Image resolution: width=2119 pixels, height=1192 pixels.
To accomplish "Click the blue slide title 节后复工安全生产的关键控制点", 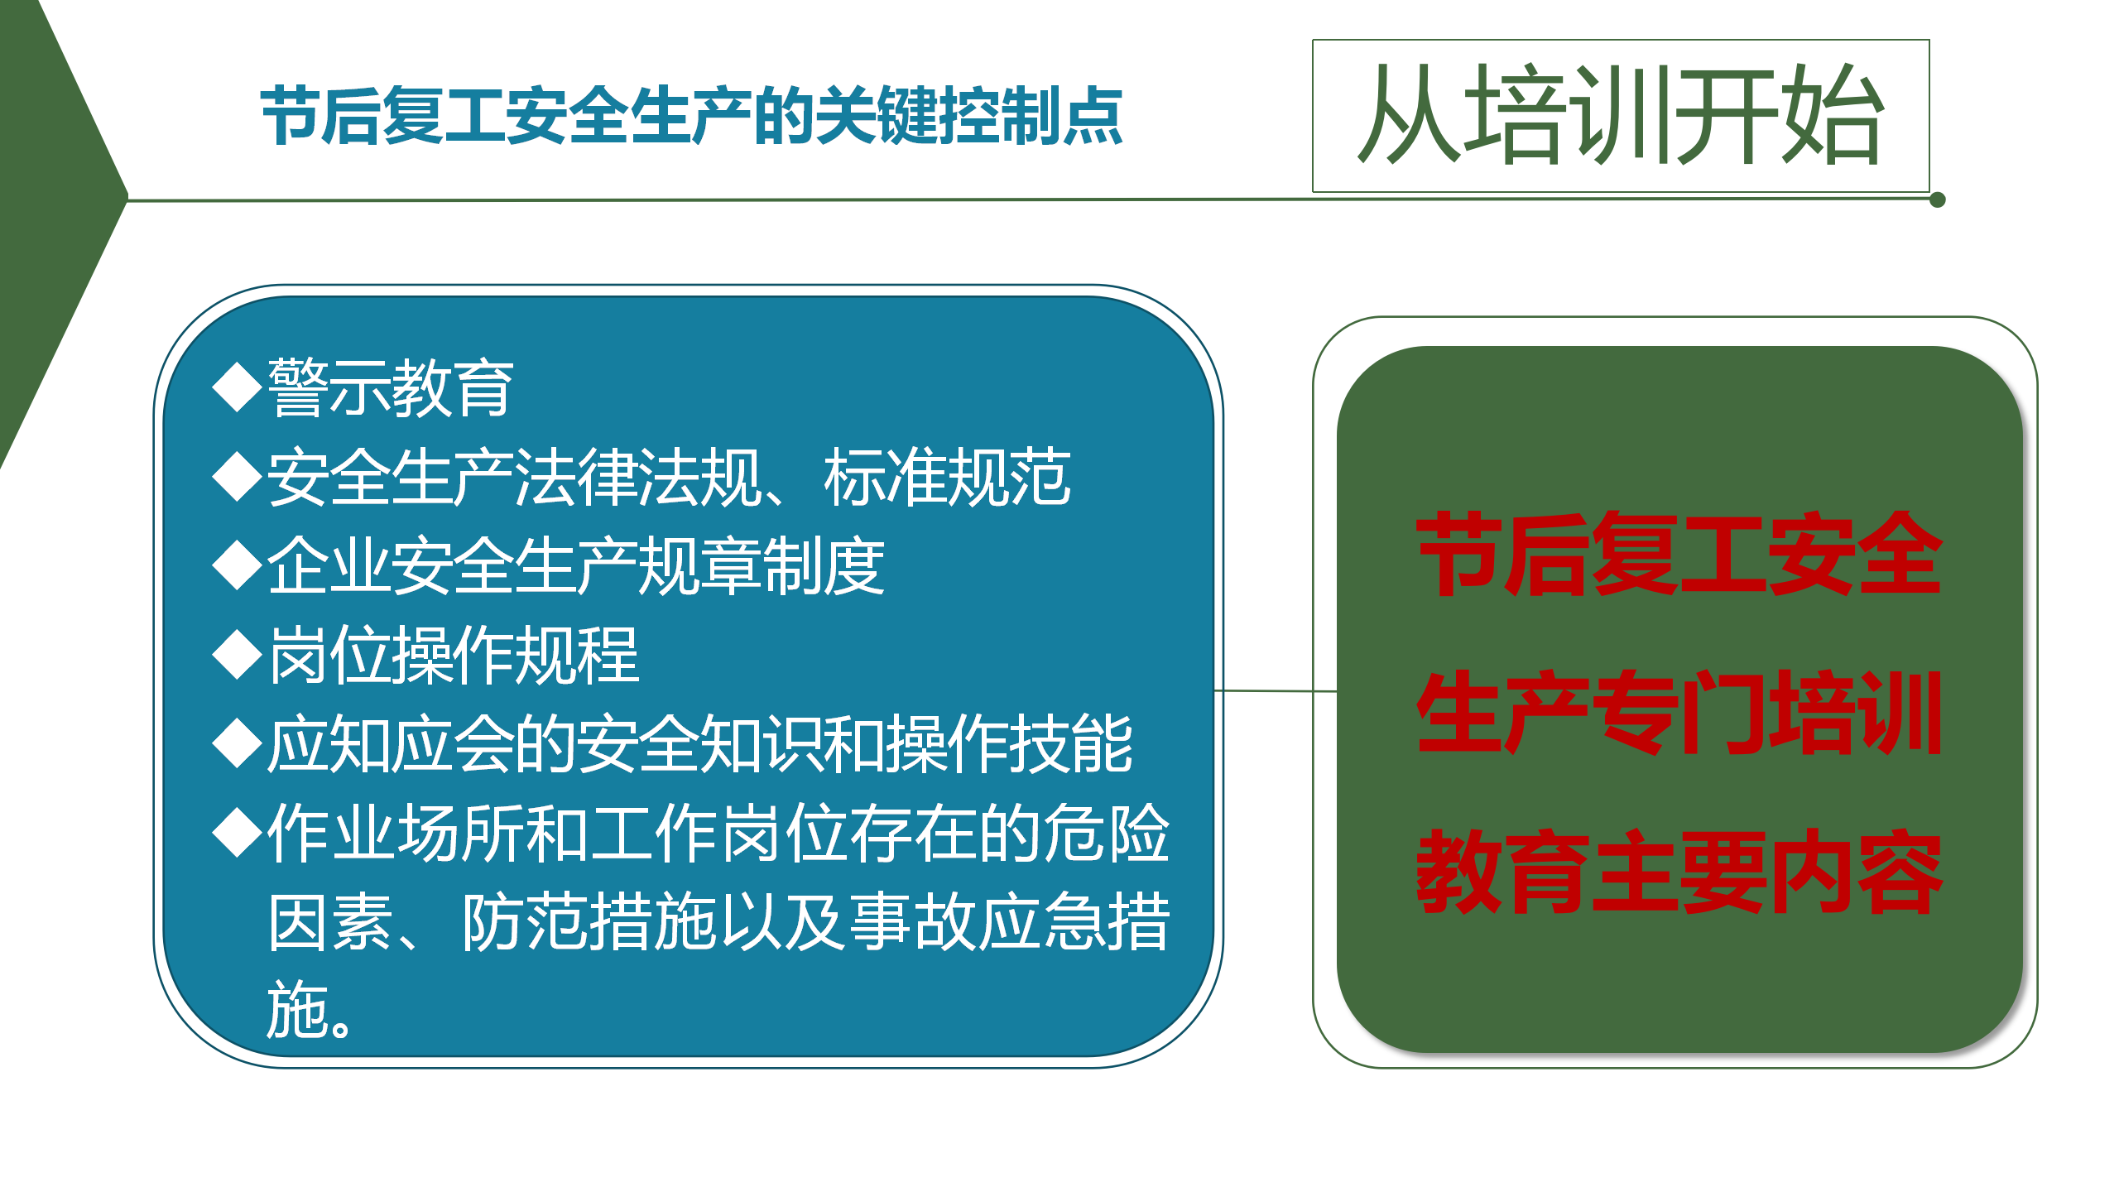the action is pos(692,116).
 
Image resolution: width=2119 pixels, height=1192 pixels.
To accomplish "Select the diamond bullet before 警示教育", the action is pos(238,387).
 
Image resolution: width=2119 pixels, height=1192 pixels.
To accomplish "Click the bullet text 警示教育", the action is pos(391,387).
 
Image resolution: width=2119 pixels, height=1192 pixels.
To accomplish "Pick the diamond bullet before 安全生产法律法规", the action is pos(238,476).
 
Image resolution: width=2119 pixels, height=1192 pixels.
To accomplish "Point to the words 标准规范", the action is pos(948,477).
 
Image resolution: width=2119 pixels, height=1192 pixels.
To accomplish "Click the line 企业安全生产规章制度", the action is pos(576,566).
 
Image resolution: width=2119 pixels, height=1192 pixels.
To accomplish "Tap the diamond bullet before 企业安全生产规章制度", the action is pos(238,565).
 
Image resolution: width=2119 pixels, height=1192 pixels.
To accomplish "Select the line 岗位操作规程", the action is pos(454,656).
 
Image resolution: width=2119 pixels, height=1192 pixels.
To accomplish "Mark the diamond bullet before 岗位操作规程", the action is pos(238,655).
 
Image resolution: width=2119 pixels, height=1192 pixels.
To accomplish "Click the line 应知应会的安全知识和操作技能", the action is pos(700,745).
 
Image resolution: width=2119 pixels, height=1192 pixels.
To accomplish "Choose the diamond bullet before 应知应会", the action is pos(238,744).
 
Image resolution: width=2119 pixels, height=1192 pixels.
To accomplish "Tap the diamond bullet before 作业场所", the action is pos(238,834).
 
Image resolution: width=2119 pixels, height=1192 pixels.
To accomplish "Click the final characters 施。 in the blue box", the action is pos(309,1010).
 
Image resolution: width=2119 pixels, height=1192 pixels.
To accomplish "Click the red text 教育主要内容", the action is pos(1679,871).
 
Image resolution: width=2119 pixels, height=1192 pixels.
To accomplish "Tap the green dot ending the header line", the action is pos(1938,199).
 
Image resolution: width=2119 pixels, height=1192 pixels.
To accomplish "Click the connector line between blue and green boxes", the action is pos(1276,690).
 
